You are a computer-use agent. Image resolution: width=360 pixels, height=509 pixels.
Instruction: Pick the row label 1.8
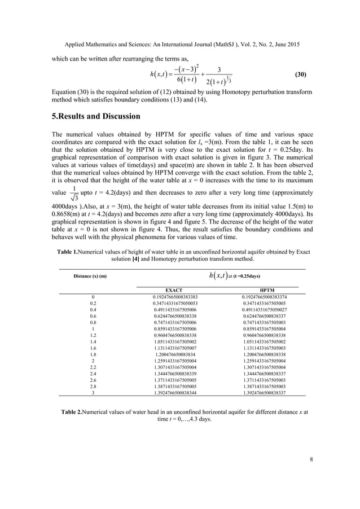92,354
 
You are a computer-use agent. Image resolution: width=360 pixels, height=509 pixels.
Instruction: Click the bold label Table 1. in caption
70,252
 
